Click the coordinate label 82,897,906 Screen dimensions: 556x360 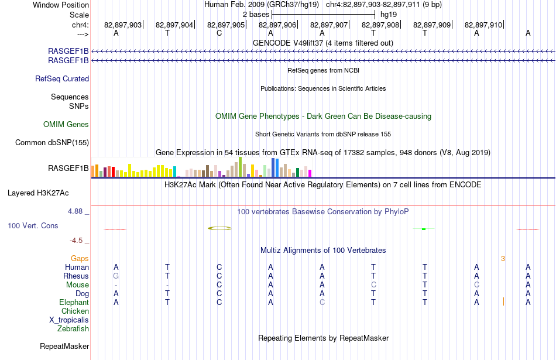pos(277,25)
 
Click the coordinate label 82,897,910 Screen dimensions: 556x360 pos(483,25)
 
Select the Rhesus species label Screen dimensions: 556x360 pos(76,276)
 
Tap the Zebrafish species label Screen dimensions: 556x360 pos(73,329)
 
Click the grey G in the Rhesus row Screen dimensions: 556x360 pos(116,276)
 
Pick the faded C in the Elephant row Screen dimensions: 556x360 pos(322,302)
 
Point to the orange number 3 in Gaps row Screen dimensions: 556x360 pos(503,259)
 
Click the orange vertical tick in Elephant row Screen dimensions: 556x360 pos(503,302)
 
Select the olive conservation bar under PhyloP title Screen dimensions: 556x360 pos(219,228)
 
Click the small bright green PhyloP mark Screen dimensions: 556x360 pos(424,229)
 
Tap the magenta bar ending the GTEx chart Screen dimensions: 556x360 pos(310,173)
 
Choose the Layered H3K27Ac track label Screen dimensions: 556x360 pos(38,193)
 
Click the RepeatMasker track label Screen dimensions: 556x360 pos(64,346)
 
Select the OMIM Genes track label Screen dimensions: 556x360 pos(66,124)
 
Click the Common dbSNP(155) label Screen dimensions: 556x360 pos(52,143)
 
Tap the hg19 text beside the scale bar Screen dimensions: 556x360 pos(389,15)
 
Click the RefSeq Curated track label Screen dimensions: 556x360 pos(62,79)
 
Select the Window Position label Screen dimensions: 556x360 pos(61,5)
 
